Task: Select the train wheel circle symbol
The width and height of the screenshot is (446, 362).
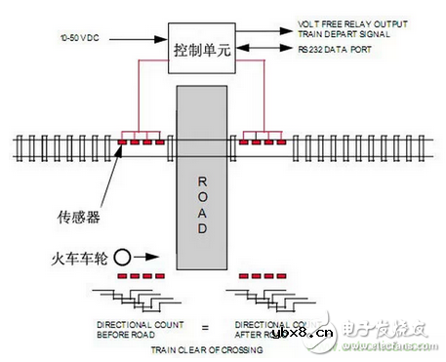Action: coord(123,261)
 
